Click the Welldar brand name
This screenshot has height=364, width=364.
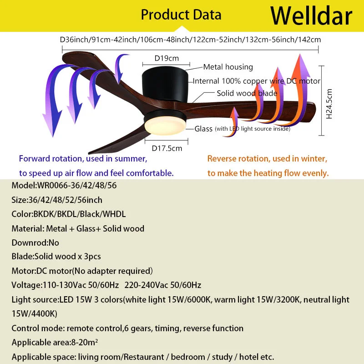tap(311, 16)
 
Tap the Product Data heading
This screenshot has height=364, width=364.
tap(181, 15)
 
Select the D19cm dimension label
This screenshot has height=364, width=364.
tap(166, 58)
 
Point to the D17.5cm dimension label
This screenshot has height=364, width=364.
tap(167, 148)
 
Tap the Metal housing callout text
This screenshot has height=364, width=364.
tap(227, 67)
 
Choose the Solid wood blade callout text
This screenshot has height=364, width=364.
tap(247, 93)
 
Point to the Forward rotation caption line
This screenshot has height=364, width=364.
tap(83, 159)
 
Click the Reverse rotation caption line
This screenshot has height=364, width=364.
tap(267, 159)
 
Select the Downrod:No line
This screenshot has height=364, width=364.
tap(35, 243)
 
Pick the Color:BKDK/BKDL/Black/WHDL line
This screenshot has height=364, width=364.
tap(68, 214)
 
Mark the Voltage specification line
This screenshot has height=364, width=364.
tap(106, 285)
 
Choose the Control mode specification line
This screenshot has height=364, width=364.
tap(127, 328)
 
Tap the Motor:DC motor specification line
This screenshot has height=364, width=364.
tap(82, 271)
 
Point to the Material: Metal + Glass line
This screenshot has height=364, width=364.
tap(78, 228)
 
